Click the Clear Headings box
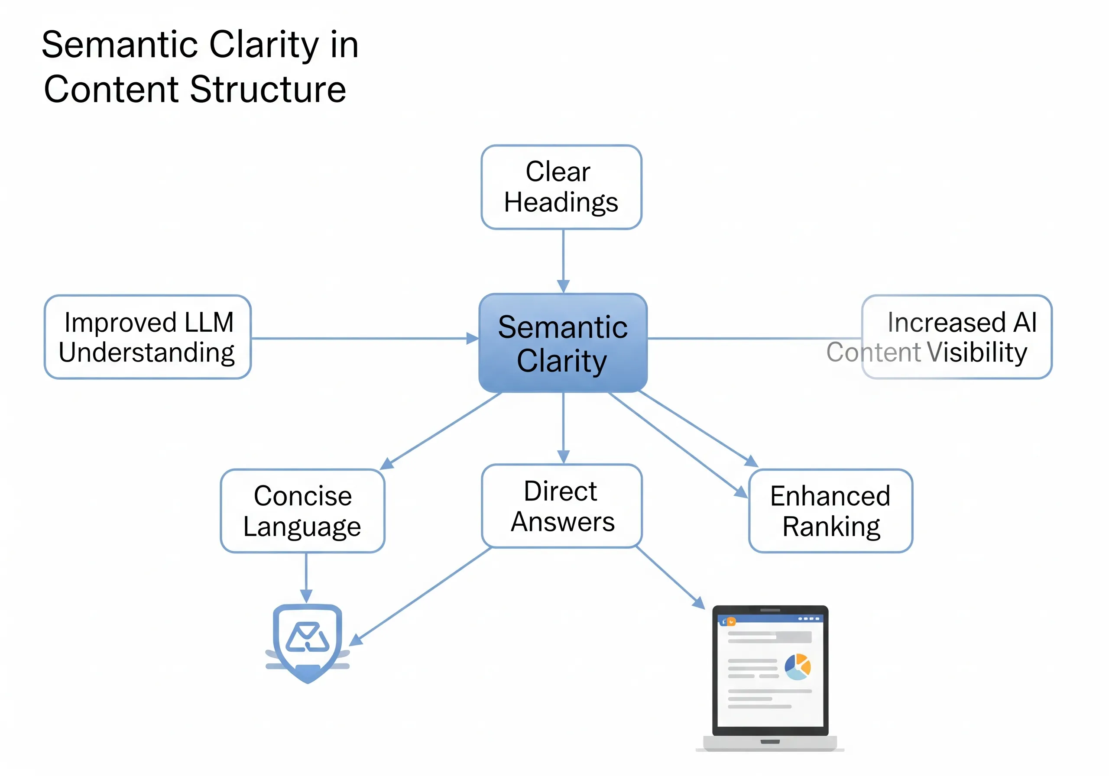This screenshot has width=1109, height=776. tap(561, 187)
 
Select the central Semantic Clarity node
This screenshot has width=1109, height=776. tap(563, 343)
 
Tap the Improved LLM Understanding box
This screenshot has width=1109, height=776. tap(147, 337)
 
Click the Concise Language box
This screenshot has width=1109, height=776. tap(302, 511)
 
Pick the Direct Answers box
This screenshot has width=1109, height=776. tap(562, 506)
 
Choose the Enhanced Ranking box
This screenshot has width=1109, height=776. tap(830, 511)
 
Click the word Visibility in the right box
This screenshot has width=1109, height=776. tap(976, 352)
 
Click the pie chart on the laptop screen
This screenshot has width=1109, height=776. tap(798, 666)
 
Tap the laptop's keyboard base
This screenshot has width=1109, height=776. tap(770, 743)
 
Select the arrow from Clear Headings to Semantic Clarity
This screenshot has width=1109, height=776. tap(563, 261)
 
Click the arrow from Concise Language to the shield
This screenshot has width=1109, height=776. tap(306, 577)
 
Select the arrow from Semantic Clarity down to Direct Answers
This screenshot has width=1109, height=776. tap(563, 427)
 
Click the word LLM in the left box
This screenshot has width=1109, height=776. tap(209, 322)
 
